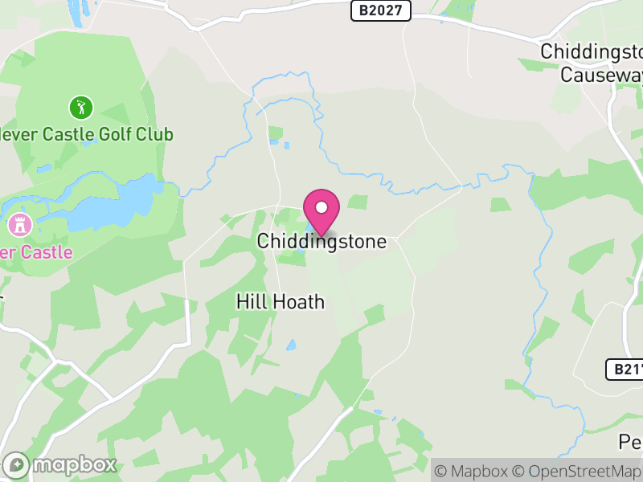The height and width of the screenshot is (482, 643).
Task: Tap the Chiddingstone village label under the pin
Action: [x=321, y=241]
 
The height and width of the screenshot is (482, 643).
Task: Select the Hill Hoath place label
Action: [x=281, y=302]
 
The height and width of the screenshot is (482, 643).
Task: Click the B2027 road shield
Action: [x=381, y=10]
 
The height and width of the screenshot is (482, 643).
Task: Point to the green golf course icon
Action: [x=80, y=106]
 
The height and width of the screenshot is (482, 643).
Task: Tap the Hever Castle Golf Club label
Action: [x=87, y=133]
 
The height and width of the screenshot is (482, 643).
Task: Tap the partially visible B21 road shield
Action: [x=625, y=370]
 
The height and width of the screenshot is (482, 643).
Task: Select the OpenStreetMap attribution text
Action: [x=577, y=472]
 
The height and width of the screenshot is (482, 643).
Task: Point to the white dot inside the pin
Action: [x=321, y=207]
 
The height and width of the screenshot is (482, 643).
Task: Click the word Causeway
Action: [x=601, y=75]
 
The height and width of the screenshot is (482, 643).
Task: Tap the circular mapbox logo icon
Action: [x=18, y=465]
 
